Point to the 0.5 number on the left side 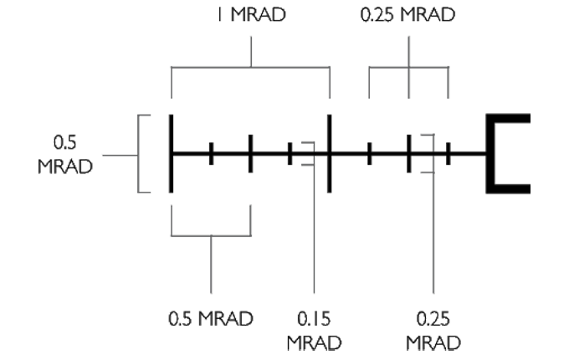[61, 141]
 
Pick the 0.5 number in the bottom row [183, 319]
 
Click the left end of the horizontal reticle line [173, 154]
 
